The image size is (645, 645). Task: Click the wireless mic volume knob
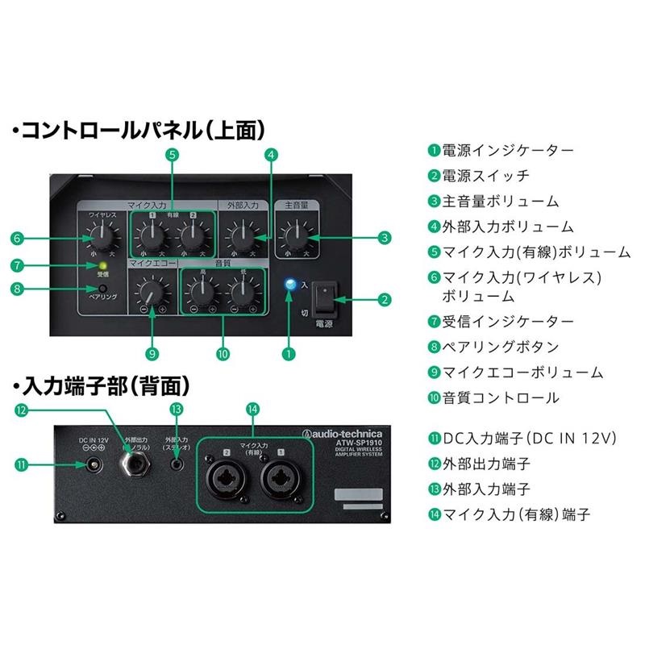101,237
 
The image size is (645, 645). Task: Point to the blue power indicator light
290,284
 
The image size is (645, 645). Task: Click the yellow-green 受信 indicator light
102,264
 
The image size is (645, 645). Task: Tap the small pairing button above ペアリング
102,288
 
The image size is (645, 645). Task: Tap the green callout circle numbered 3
385,237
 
